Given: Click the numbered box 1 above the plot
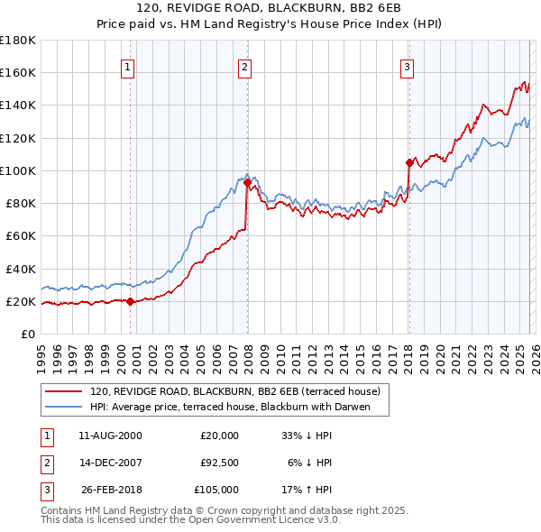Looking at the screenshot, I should [128, 66].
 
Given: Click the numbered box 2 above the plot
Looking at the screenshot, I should [245, 66].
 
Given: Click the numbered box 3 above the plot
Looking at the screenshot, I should [407, 66].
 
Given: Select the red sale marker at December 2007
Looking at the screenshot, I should [247, 182].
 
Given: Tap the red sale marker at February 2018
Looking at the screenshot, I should [409, 162].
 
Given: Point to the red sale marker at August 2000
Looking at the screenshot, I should [130, 301].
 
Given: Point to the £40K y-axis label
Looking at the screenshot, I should [20, 269].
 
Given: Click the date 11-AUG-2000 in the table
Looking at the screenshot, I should [110, 436].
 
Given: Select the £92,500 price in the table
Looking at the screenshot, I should [219, 463].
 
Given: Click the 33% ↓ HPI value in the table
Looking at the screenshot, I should [307, 436].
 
